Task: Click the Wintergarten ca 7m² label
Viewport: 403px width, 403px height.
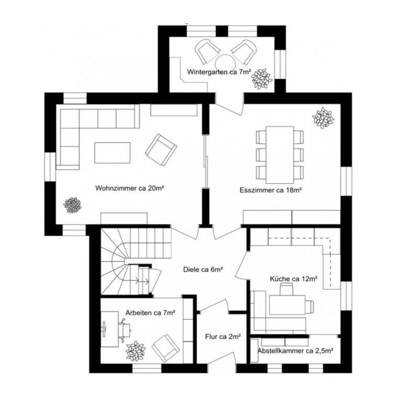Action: click(219, 72)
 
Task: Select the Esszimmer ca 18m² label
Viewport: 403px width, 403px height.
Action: click(273, 190)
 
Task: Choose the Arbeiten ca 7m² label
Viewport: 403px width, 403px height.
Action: click(150, 313)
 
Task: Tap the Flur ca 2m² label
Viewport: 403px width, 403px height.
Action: click(222, 336)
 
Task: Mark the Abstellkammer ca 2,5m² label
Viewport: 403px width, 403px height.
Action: click(296, 351)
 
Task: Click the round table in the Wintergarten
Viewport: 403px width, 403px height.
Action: click(225, 61)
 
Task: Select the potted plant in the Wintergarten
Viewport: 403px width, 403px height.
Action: click(261, 79)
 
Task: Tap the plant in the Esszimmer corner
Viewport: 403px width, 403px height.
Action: click(323, 118)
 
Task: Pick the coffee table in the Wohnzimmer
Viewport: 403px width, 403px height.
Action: click(112, 153)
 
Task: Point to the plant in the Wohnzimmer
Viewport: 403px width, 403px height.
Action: click(72, 204)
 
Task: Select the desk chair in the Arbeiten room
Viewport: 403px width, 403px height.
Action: click(125, 330)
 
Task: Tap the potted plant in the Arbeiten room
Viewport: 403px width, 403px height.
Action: click(135, 351)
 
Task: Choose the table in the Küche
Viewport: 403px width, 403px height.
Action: click(288, 304)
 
